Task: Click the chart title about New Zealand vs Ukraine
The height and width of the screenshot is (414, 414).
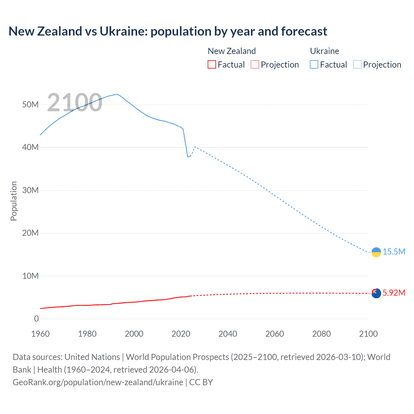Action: (x=168, y=31)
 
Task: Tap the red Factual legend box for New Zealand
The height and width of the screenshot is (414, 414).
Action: (x=212, y=64)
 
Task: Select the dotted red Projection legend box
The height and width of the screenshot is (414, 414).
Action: (x=255, y=64)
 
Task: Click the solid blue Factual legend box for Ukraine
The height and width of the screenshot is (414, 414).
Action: (x=314, y=64)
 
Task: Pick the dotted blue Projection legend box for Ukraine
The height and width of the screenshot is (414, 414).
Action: (x=357, y=64)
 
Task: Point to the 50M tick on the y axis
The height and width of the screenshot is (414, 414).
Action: (x=30, y=104)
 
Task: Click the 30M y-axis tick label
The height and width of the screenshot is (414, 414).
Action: (x=30, y=190)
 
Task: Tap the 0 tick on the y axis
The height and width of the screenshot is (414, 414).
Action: (x=36, y=319)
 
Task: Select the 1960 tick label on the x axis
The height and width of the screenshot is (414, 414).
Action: (x=40, y=334)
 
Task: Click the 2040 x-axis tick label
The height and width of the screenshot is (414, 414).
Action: (x=228, y=334)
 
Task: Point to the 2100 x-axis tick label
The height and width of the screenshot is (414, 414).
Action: (x=368, y=334)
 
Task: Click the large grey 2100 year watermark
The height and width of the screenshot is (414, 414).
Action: (x=75, y=103)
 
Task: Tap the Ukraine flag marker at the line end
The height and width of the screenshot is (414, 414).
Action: (x=376, y=252)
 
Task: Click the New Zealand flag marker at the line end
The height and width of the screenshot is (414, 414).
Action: (x=376, y=293)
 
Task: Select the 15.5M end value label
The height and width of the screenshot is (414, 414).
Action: (x=394, y=252)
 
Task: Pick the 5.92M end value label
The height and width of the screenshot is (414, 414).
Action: (x=394, y=293)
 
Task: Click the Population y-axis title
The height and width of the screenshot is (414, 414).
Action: (x=14, y=201)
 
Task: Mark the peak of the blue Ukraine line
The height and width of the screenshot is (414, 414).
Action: (x=116, y=94)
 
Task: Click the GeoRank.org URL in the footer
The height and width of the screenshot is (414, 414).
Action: (x=98, y=382)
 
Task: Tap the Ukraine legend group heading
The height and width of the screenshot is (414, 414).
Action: (x=324, y=51)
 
